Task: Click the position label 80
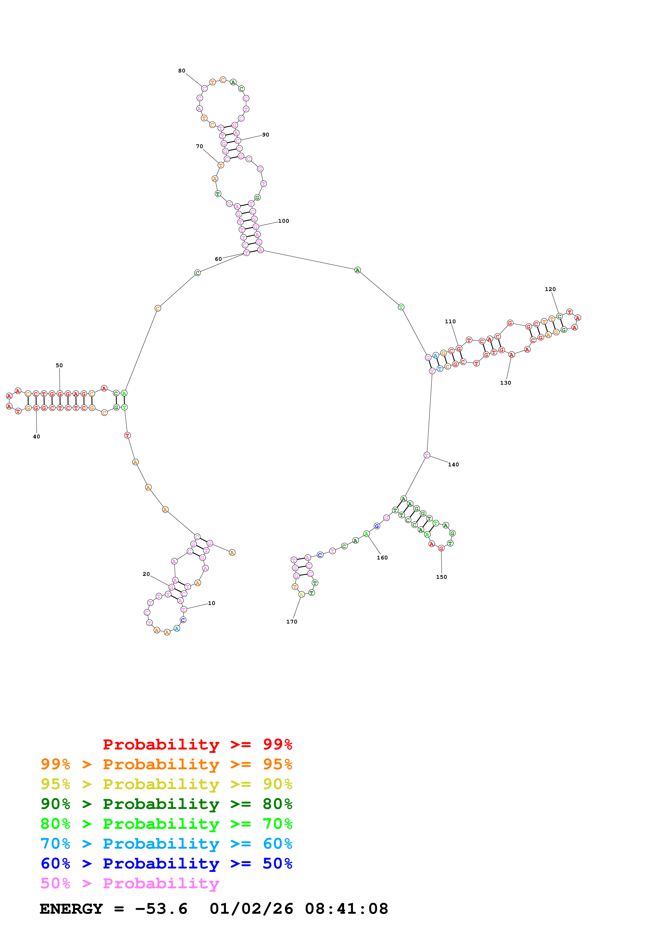(182, 71)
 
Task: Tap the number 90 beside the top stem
(266, 135)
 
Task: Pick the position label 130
(505, 383)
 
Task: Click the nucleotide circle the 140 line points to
(426, 455)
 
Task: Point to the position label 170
(291, 622)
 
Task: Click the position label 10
(211, 603)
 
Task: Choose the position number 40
(36, 436)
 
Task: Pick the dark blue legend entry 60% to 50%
(166, 863)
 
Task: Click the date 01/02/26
(251, 909)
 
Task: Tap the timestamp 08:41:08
(346, 909)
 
